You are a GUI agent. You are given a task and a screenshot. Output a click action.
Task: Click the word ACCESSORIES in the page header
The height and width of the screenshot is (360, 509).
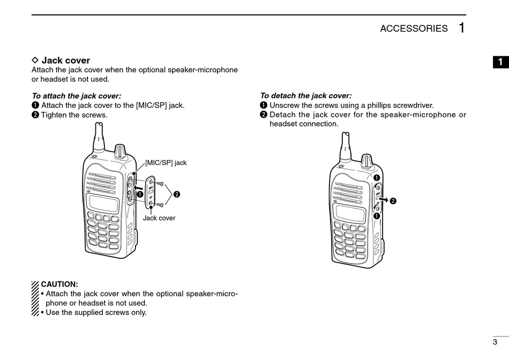pyautogui.click(x=414, y=28)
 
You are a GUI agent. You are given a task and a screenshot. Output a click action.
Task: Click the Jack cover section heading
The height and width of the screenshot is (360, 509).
pyautogui.click(x=66, y=61)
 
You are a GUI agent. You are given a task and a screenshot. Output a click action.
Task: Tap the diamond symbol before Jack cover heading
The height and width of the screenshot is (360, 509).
pyautogui.click(x=35, y=60)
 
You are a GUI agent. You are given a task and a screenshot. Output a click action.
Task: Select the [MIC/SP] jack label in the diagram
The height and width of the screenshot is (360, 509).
pyautogui.click(x=166, y=163)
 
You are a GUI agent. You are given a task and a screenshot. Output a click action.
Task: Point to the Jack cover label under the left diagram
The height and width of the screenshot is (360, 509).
pyautogui.click(x=159, y=218)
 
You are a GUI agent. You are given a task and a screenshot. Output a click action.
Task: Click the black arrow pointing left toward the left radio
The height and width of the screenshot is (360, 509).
pyautogui.click(x=138, y=187)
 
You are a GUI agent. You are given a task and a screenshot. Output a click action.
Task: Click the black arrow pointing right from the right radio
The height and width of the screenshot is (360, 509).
pyautogui.click(x=384, y=199)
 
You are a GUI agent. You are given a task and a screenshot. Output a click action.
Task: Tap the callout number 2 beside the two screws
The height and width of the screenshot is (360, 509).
pyautogui.click(x=177, y=194)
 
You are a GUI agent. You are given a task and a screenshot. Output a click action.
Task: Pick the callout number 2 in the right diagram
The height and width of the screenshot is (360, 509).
pyautogui.click(x=393, y=201)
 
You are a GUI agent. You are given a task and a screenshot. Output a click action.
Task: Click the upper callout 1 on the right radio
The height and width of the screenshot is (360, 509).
pyautogui.click(x=377, y=178)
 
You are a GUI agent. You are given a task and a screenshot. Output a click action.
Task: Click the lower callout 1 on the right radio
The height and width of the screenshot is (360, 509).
pyautogui.click(x=377, y=216)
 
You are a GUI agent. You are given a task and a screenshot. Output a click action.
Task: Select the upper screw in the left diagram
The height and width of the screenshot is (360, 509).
pyautogui.click(x=160, y=184)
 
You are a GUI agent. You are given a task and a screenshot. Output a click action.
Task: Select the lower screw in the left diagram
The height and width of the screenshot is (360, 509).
pyautogui.click(x=160, y=205)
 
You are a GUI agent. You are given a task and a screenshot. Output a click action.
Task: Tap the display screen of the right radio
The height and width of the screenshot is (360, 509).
pyautogui.click(x=350, y=213)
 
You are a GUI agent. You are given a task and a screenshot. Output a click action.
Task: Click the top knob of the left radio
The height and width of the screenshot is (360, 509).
pyautogui.click(x=120, y=151)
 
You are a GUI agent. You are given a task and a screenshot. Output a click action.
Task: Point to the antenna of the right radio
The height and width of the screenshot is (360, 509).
pyautogui.click(x=346, y=147)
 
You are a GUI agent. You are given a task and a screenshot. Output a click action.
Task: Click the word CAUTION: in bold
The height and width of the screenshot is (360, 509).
pyautogui.click(x=59, y=284)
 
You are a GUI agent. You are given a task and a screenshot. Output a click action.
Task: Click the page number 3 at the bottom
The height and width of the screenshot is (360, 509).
pyautogui.click(x=495, y=342)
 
